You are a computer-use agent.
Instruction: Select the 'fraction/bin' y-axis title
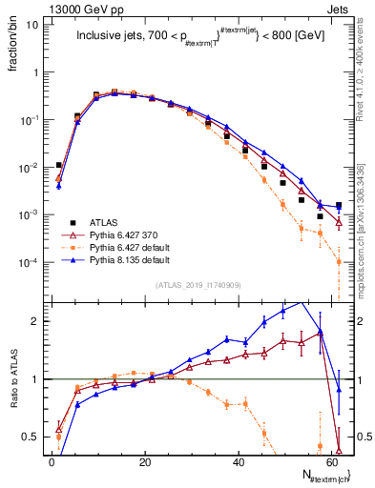(12, 49)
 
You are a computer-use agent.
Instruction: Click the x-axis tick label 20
(144, 461)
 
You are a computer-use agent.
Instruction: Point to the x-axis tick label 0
(52, 461)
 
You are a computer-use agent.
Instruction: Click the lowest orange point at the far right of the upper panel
(339, 262)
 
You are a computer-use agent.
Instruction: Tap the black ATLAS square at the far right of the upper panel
(339, 205)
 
